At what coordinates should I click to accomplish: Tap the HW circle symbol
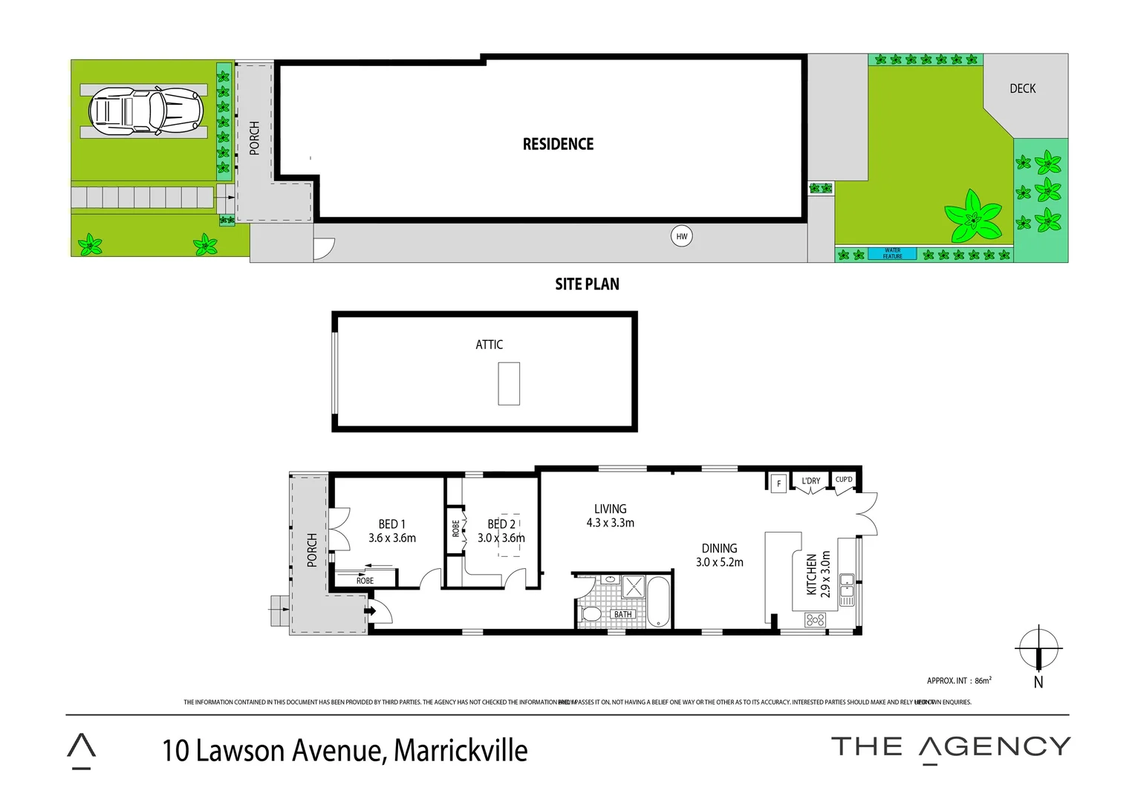point(681,237)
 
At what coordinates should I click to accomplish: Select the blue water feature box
point(892,253)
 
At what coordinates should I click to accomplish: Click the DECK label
point(1022,88)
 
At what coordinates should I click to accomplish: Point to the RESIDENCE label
point(558,144)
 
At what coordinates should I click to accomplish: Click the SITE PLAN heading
point(587,284)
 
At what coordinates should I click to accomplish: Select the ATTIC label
point(489,345)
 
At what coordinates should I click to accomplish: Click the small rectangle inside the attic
point(509,383)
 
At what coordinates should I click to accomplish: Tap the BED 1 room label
point(391,524)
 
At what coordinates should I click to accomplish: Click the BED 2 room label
point(501,524)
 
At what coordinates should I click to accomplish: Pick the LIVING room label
point(610,509)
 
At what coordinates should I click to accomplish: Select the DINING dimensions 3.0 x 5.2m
point(719,562)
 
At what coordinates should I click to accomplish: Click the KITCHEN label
point(812,574)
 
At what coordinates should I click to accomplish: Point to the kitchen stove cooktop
point(816,619)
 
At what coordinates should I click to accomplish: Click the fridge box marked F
point(778,483)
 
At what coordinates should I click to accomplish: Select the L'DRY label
point(810,481)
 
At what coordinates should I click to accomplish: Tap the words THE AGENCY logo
point(950,747)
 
